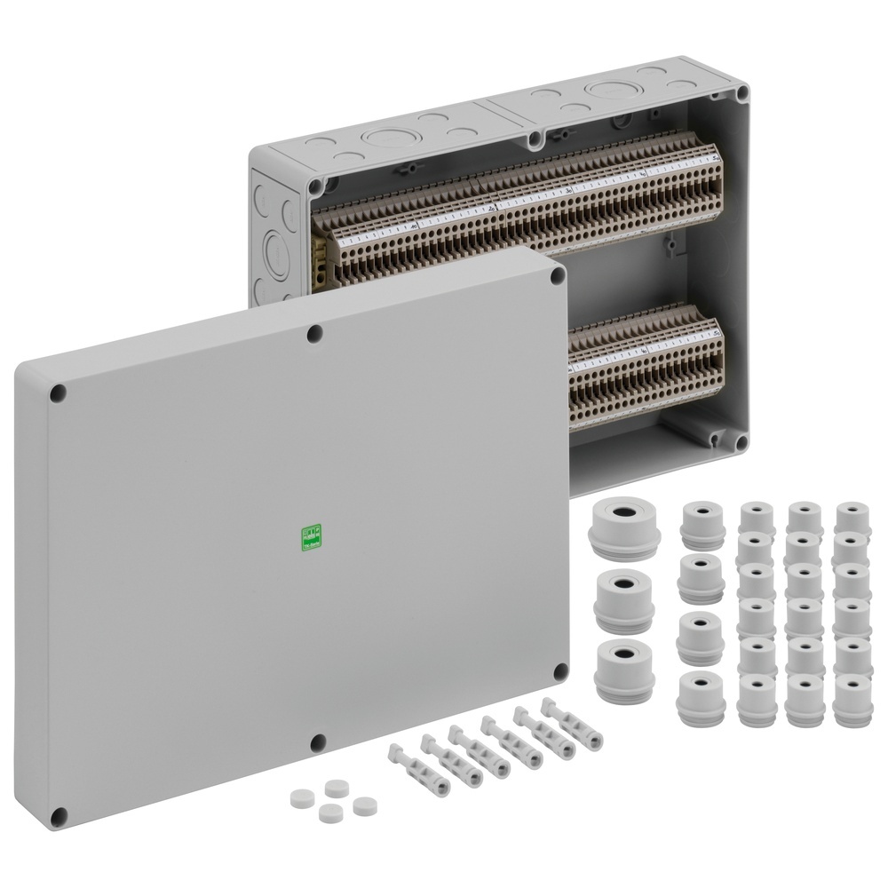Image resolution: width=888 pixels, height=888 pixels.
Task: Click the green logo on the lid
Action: tap(311, 537)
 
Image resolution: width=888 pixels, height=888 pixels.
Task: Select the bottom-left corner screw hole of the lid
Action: tap(59, 814)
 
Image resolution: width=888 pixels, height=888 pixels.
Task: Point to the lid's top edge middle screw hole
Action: tap(315, 334)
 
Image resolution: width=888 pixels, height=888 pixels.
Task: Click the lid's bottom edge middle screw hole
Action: tap(317, 741)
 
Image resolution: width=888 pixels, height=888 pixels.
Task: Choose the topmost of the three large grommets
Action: tap(624, 527)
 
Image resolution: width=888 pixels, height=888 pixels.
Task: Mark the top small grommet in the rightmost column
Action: tap(852, 519)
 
